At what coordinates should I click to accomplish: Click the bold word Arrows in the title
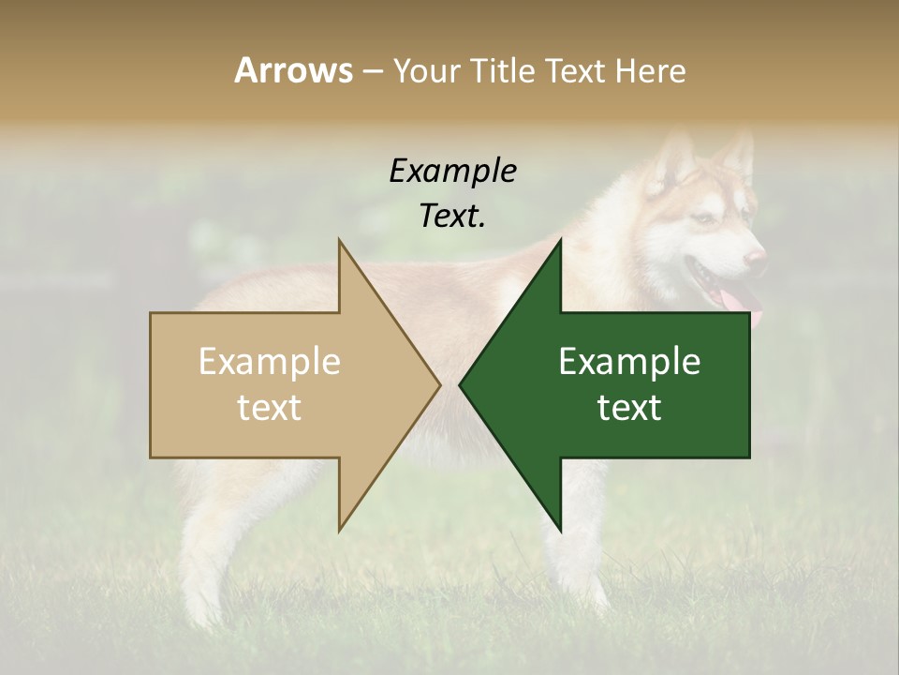tap(292, 70)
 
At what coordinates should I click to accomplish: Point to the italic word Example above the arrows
tap(453, 172)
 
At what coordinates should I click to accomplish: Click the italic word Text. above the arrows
tap(453, 216)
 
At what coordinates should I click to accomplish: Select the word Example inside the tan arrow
tap(269, 362)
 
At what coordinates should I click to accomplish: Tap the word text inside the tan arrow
tap(269, 408)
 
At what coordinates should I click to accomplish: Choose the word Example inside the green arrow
tap(629, 362)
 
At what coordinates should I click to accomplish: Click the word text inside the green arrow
tap(629, 408)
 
